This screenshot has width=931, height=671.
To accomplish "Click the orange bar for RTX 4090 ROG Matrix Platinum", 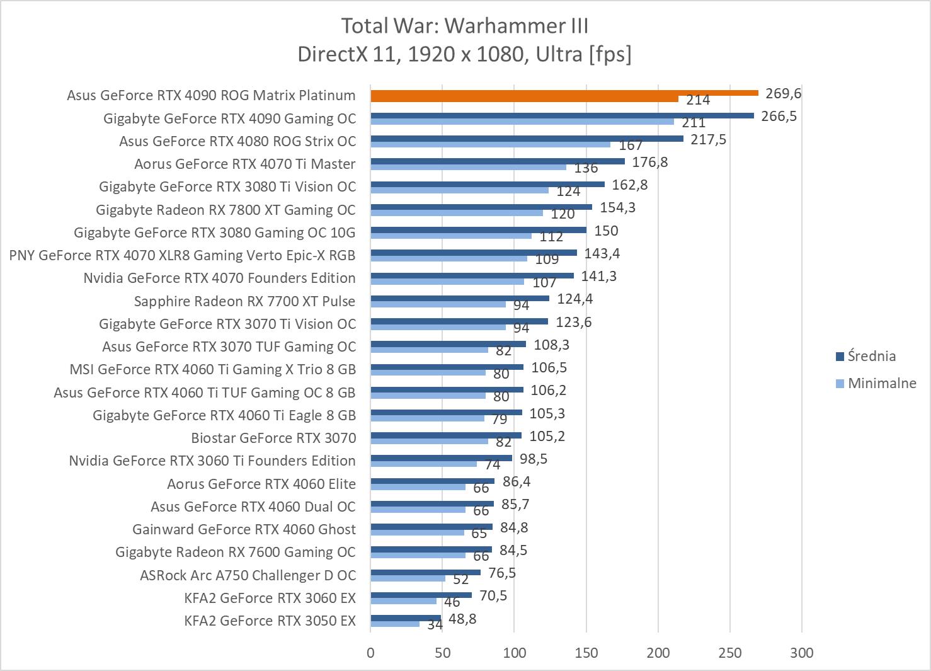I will pyautogui.click(x=564, y=93).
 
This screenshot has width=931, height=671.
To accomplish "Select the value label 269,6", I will pyautogui.click(x=784, y=93).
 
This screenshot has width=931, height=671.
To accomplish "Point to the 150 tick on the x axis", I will pyautogui.click(x=586, y=653).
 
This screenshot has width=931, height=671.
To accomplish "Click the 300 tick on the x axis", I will pyautogui.click(x=802, y=653).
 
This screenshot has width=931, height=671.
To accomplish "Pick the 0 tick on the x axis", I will pyautogui.click(x=370, y=653).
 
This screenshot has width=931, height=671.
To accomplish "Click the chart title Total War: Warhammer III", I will pyautogui.click(x=465, y=26).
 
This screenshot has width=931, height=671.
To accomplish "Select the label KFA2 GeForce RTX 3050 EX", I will pyautogui.click(x=270, y=621).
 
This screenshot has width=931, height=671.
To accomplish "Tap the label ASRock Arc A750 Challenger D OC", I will pyautogui.click(x=248, y=575).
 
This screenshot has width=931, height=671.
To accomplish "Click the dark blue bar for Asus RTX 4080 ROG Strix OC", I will pyautogui.click(x=527, y=139).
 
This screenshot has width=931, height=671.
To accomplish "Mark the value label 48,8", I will pyautogui.click(x=462, y=619).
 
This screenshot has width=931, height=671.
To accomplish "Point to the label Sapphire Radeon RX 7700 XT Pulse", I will pyautogui.click(x=244, y=301).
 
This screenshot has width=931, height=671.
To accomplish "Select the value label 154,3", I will pyautogui.click(x=617, y=207).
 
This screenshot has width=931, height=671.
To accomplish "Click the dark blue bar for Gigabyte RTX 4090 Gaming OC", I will pyautogui.click(x=562, y=116).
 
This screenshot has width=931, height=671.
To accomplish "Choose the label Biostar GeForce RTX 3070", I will pyautogui.click(x=273, y=438).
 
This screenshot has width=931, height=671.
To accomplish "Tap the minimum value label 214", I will pyautogui.click(x=698, y=100).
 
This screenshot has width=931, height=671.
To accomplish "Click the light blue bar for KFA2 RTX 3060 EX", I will pyautogui.click(x=403, y=601).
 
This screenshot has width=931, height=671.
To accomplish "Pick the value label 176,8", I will pyautogui.click(x=650, y=162).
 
